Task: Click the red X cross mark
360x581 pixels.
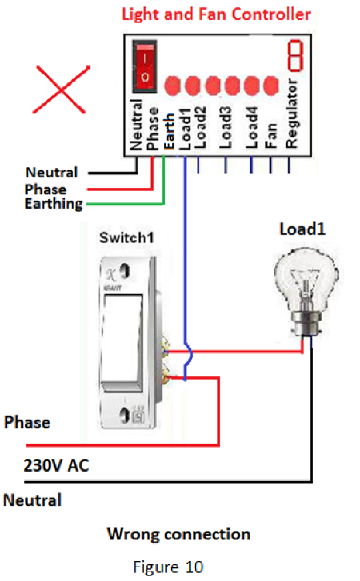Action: (x=61, y=89)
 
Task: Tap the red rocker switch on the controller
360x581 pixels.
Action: (x=144, y=65)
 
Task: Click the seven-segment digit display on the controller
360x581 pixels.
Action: (x=295, y=54)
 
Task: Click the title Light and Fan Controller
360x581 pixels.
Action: (x=217, y=14)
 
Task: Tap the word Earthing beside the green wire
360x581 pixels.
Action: (x=54, y=203)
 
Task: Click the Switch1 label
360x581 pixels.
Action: (x=127, y=238)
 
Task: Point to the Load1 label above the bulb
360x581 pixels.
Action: (x=302, y=229)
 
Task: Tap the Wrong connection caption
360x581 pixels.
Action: (x=178, y=534)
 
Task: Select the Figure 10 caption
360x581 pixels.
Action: (x=178, y=567)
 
